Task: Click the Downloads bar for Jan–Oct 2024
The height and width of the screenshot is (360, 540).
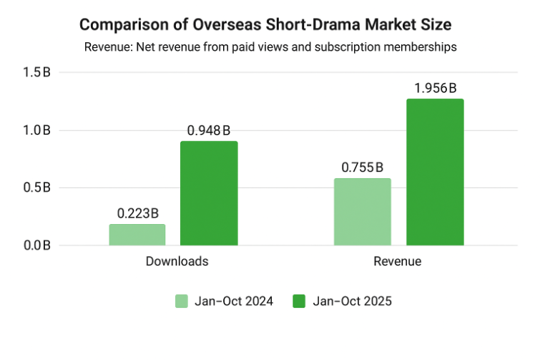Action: point(137,235)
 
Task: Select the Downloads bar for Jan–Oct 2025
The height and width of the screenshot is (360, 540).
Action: point(209,193)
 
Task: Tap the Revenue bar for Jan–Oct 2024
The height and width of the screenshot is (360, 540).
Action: point(362,212)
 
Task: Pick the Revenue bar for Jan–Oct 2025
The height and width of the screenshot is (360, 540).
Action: point(435,172)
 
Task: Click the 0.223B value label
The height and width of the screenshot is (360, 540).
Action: point(137,213)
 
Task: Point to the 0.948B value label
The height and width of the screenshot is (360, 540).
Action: point(209,130)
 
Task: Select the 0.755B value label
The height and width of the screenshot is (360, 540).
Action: point(362,167)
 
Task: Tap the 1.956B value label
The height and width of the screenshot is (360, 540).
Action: point(435,88)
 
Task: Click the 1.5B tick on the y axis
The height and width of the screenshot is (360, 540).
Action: point(36,72)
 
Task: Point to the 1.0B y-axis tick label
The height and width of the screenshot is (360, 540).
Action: point(36,130)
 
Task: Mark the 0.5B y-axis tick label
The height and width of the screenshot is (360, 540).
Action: point(36,188)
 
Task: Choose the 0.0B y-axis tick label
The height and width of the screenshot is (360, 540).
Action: point(36,245)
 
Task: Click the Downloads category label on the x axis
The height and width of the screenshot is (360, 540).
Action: point(177,261)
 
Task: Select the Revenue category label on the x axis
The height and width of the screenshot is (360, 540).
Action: point(398,261)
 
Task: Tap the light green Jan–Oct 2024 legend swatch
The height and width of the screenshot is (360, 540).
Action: point(182,301)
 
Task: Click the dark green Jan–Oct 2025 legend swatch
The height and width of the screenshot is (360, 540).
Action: point(300,301)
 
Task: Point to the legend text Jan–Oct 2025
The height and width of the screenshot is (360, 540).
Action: point(352,301)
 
